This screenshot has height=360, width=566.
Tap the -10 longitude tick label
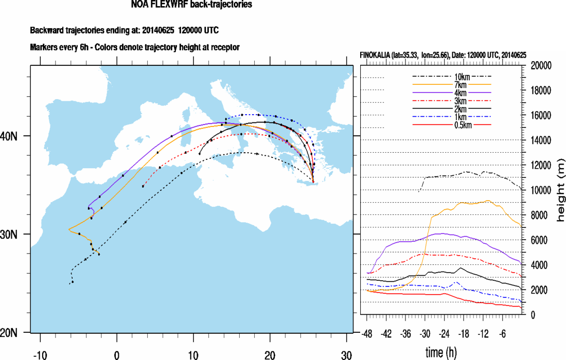click(x=39, y=355)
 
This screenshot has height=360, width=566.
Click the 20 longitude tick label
click(x=269, y=355)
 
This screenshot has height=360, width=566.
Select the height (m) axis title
click(x=560, y=190)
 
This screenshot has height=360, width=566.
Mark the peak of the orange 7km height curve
click(x=487, y=201)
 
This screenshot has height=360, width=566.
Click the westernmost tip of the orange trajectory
click(x=69, y=229)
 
